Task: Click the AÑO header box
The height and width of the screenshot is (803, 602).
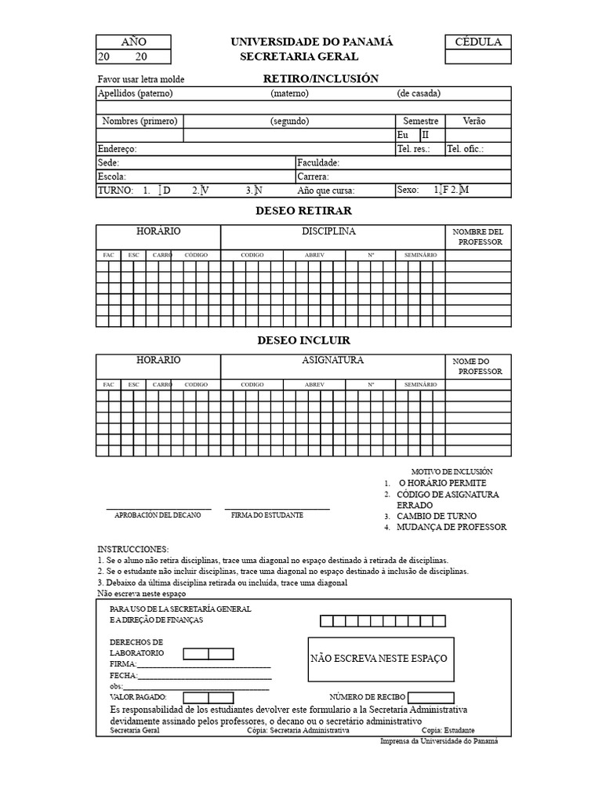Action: pos(133,42)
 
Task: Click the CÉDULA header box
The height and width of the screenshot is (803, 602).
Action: pos(477,42)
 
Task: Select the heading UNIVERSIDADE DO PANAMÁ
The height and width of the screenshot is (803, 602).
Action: pos(311,42)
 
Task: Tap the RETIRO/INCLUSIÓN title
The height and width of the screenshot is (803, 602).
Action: pos(321,78)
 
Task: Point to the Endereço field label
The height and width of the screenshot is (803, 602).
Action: pos(117,148)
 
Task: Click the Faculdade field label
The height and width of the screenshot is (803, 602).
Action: pos(318,162)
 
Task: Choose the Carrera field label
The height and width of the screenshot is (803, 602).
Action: pos(314,176)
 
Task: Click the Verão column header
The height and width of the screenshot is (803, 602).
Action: pos(474,121)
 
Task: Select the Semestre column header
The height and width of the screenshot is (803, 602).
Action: pos(420,121)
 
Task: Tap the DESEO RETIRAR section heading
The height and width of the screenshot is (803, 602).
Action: pos(303,211)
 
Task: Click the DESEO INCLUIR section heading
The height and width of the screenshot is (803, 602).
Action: pos(303,340)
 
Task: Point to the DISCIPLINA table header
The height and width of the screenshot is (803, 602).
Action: pos(328,231)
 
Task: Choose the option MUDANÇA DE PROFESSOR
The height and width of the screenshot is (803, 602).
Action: pos(451,527)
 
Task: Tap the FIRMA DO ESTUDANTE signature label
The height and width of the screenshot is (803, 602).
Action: pos(267,515)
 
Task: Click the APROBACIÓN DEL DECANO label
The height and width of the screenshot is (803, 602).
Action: pos(158,515)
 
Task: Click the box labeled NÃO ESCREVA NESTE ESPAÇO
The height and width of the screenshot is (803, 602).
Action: pos(379,659)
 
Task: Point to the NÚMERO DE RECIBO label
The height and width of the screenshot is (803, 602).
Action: pos(367,696)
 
